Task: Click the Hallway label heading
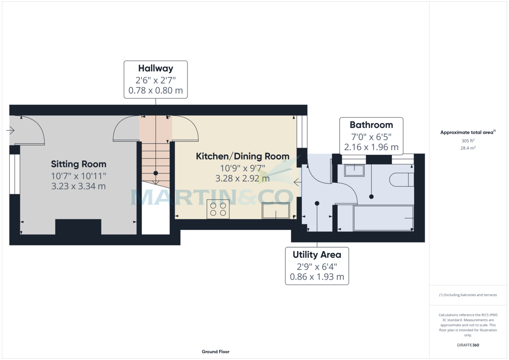156,68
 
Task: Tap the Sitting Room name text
78,164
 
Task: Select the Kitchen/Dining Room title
242,156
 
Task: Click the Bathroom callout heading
371,125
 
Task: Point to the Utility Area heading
317,255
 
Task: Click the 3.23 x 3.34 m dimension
78,186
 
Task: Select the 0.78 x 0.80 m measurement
156,90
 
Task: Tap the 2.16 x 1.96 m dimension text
371,147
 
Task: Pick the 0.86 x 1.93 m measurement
317,277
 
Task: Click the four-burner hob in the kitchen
218,209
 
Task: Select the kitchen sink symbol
276,211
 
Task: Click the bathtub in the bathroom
383,218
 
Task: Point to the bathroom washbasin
354,170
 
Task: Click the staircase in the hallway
155,161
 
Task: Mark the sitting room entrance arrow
11,131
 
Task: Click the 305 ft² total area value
468,141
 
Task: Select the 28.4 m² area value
468,148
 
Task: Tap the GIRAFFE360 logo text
468,345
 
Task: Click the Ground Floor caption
215,352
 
